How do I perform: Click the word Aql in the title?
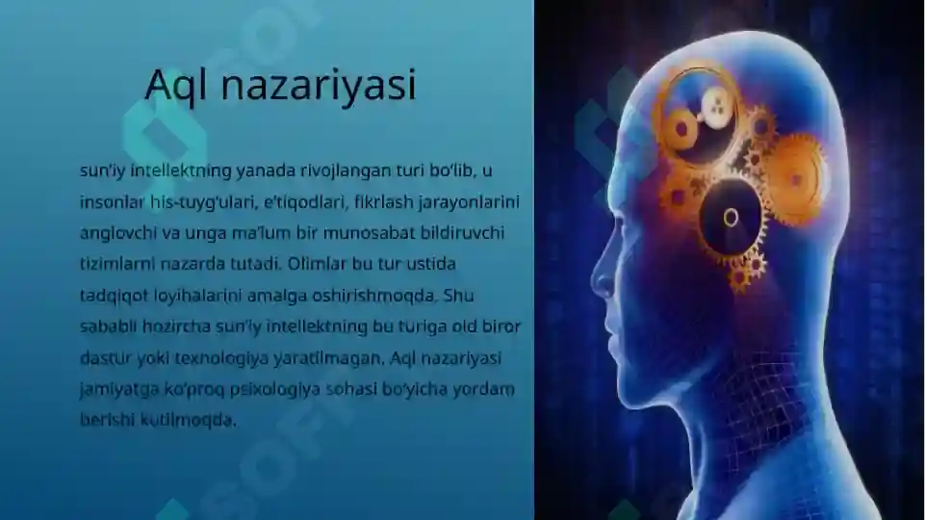point(178,86)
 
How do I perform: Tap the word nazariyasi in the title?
point(319,86)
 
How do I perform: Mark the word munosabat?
point(391,233)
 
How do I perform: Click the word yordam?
point(486,389)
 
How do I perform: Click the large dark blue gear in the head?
point(731,217)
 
